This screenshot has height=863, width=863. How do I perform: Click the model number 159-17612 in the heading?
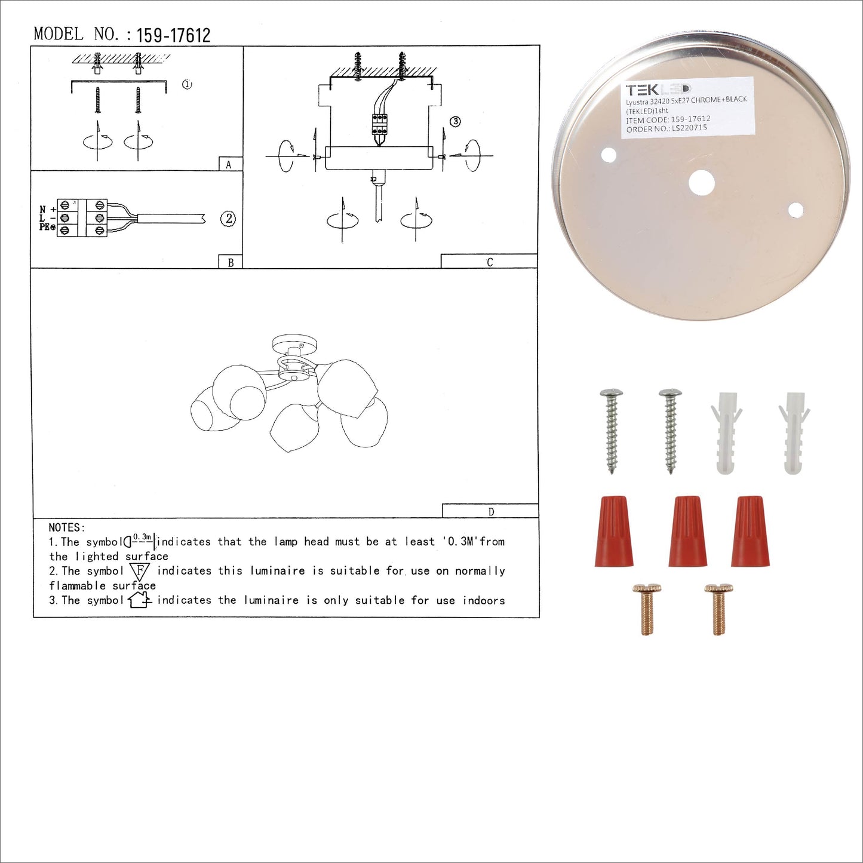coord(173,35)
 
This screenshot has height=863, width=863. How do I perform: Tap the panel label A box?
coord(231,164)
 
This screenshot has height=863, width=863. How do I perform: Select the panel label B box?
coord(230,262)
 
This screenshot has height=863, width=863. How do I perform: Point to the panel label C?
coord(490,262)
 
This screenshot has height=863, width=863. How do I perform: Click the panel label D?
coord(492,511)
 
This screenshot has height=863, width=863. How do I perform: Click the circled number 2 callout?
coord(228,219)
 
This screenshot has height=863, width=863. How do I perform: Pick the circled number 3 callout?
coord(456,121)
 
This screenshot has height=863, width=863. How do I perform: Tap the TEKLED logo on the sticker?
coord(658,90)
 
